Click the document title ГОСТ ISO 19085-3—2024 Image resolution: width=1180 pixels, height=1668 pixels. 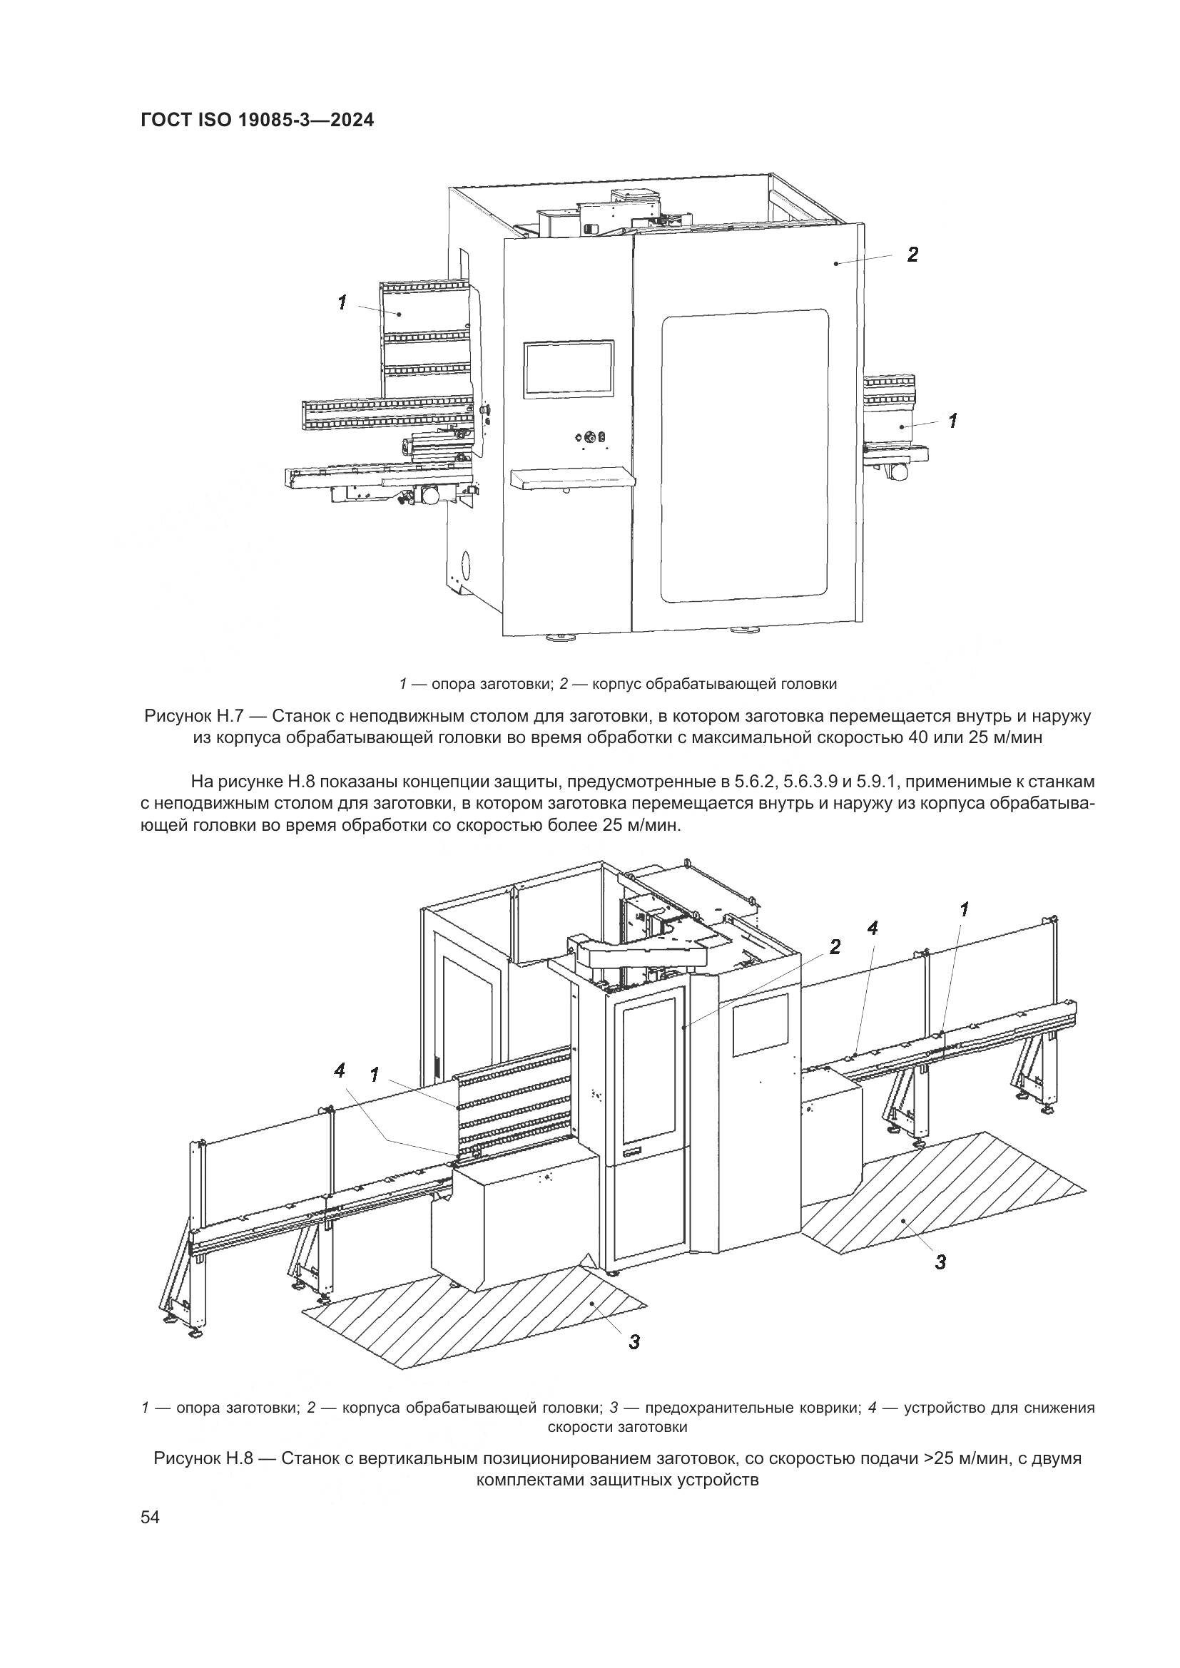point(258,120)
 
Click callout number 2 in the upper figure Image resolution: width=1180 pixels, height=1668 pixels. point(912,255)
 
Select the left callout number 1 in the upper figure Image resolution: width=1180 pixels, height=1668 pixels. point(342,302)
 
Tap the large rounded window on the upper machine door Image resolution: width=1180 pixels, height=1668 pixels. point(744,456)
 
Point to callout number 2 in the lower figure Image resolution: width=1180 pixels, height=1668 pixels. point(835,946)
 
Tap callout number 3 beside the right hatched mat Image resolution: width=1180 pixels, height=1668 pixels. point(940,1262)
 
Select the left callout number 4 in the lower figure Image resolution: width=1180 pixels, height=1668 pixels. point(340,1070)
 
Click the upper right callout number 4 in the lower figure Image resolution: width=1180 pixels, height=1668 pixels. point(872,928)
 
